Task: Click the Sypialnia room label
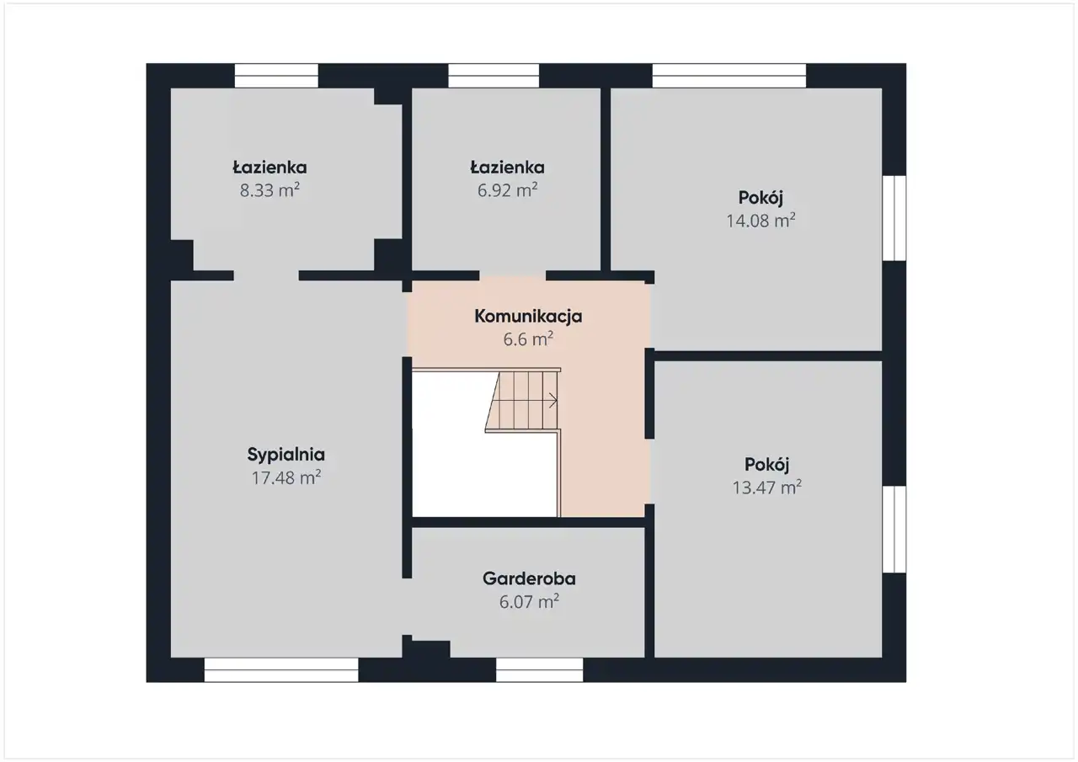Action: pyautogui.click(x=286, y=455)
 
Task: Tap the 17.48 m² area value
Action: pyautogui.click(x=286, y=477)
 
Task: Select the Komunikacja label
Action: pyautogui.click(x=528, y=316)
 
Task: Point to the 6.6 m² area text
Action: pyautogui.click(x=528, y=339)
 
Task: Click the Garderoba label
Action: pyautogui.click(x=529, y=578)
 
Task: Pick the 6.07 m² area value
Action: pyautogui.click(x=529, y=601)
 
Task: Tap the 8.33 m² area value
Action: pyautogui.click(x=269, y=190)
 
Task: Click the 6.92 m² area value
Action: pyautogui.click(x=507, y=190)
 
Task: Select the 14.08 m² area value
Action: pyautogui.click(x=760, y=221)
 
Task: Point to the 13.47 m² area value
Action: pyautogui.click(x=766, y=488)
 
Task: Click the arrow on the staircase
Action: pyautogui.click(x=552, y=400)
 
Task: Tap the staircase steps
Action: pyautogui.click(x=522, y=400)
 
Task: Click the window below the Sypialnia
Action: pyautogui.click(x=281, y=669)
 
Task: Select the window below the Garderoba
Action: pyautogui.click(x=540, y=669)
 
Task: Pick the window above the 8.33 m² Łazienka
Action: pyautogui.click(x=276, y=76)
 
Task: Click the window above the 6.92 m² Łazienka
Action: pyautogui.click(x=494, y=76)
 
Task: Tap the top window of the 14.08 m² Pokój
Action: pyautogui.click(x=729, y=76)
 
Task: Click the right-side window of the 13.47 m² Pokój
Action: pyautogui.click(x=894, y=529)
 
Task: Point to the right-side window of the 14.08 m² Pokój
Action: pyautogui.click(x=894, y=218)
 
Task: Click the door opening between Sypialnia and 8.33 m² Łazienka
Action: pyautogui.click(x=266, y=275)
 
